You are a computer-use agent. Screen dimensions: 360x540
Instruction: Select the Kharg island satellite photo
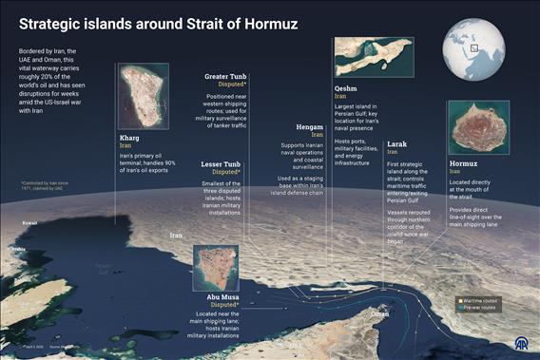143,98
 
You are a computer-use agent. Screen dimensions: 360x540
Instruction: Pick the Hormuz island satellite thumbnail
478,127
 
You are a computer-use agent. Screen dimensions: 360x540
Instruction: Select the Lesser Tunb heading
221,163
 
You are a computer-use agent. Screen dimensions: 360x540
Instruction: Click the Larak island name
397,143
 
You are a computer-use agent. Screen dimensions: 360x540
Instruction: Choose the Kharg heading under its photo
128,138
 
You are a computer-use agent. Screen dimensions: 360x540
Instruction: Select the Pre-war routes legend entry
481,309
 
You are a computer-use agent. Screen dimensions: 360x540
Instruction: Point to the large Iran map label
175,234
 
